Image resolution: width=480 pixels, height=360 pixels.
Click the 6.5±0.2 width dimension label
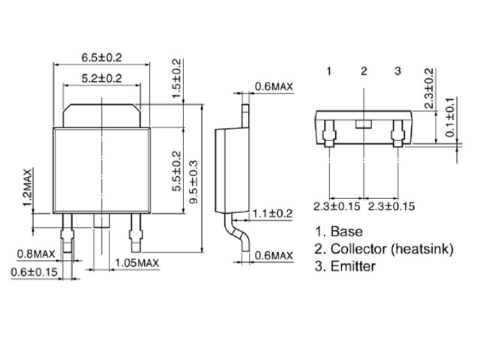click(101, 57)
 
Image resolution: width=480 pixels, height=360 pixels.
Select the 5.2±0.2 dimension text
click(101, 78)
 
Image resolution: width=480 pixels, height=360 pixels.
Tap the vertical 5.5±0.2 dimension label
click(176, 172)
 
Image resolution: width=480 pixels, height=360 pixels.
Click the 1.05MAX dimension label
click(137, 263)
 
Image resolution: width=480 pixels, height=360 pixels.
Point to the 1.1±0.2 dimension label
click(272, 213)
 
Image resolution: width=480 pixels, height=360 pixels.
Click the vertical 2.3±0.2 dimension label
click(428, 89)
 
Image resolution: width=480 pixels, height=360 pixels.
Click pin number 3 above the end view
click(398, 71)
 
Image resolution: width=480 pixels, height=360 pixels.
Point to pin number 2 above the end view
click(364, 71)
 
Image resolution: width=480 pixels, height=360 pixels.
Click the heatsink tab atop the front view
click(101, 114)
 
